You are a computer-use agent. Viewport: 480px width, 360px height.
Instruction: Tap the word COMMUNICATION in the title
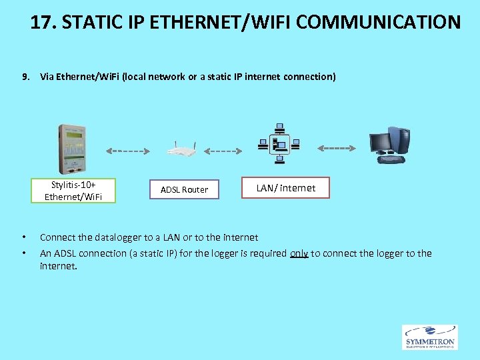pos(378,22)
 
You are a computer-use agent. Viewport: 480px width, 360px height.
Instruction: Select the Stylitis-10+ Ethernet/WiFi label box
pos(73,190)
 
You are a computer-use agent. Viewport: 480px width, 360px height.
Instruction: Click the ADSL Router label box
pos(184,189)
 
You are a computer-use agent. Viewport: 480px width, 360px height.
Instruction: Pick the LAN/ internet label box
pos(287,188)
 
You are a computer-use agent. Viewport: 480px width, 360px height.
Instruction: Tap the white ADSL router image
pos(180,151)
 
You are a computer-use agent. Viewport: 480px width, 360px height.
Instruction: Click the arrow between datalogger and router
pos(128,151)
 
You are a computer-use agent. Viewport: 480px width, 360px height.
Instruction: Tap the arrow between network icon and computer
pos(340,147)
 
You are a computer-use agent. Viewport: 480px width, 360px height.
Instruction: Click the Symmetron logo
pos(430,337)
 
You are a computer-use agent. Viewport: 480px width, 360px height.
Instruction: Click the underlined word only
pos(299,253)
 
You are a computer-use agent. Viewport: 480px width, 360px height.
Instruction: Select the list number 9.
pos(25,77)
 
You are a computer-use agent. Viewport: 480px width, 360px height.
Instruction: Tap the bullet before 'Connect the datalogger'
pos(24,237)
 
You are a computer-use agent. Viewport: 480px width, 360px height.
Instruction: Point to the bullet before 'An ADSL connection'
pos(24,253)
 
